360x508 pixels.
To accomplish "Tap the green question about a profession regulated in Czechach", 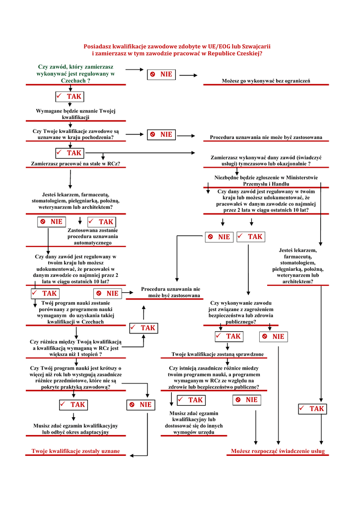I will pos(75,73).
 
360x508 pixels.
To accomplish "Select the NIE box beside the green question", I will pos(161,74).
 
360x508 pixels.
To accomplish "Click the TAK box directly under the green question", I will pos(69,96).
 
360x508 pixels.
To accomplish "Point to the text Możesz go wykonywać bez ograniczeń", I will pos(266,80).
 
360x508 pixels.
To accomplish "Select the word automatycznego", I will pos(93,243).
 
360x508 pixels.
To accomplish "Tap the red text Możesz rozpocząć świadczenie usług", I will pos(278,451).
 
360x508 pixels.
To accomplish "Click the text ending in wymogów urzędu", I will pos(194,433).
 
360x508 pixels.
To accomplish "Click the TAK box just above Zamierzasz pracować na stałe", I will pos(69,153).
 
